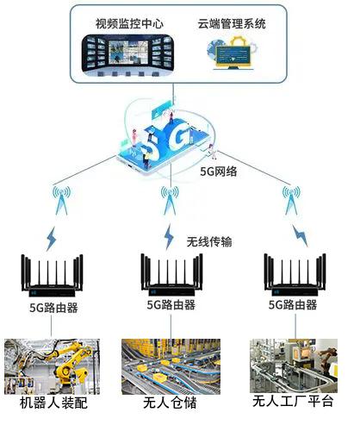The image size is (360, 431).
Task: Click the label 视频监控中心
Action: coord(129,23)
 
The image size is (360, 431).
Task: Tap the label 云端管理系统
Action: coord(232,23)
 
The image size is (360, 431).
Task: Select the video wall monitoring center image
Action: coord(127,55)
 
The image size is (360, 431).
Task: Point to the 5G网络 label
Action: coord(219,172)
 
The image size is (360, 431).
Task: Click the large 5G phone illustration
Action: coord(166,138)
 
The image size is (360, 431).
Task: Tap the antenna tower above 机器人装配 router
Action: coord(61,201)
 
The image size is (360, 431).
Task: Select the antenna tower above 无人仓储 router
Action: coord(170,201)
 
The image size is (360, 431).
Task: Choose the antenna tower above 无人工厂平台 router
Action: coord(291,201)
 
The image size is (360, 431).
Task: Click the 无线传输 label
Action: coord(209,242)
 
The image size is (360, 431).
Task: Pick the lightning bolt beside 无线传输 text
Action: coord(169,237)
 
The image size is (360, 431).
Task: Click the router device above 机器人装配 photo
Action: coord(52,276)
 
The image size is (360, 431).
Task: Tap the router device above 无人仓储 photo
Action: coord(171,275)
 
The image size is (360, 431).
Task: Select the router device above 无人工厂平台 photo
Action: coord(295,275)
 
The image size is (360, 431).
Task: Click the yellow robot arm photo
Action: coord(52,366)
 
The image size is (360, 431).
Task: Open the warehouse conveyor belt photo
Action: coord(171,366)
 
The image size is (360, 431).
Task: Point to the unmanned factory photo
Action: coord(294,365)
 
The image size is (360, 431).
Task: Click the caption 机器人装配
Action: coord(53,403)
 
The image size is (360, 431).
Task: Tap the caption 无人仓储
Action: coord(170,403)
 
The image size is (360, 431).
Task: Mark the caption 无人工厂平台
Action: coord(293,401)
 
